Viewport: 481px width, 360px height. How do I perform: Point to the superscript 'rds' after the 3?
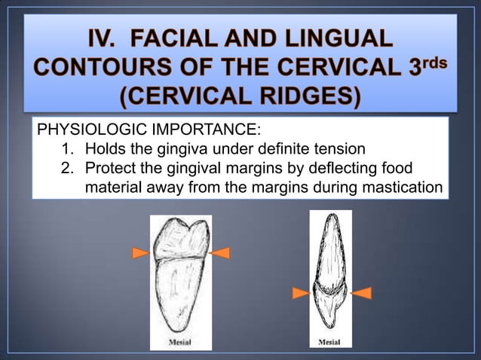[432, 59]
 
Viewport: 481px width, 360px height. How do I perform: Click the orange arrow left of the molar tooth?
[139, 253]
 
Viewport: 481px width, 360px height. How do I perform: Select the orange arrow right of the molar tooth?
[220, 253]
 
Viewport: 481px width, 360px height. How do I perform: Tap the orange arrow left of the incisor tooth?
[299, 293]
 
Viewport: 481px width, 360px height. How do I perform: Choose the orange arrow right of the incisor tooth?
[361, 293]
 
